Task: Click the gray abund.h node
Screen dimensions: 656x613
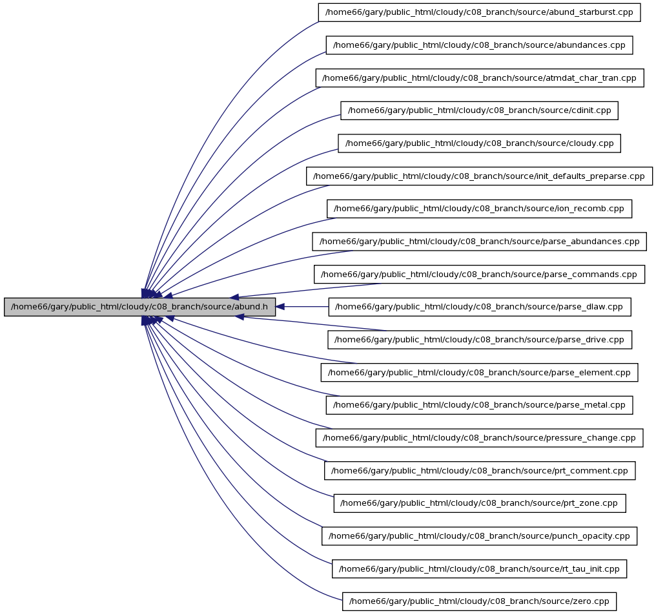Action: [139, 307]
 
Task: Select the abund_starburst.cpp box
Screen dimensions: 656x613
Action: [479, 12]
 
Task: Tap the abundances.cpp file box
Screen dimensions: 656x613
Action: [479, 45]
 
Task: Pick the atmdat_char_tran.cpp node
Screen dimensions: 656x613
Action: [480, 78]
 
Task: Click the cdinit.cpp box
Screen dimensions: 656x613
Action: [479, 110]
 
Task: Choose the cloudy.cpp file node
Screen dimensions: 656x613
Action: [479, 143]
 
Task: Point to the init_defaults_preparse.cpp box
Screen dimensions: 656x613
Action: [479, 176]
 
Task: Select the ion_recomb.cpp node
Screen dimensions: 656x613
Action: [479, 209]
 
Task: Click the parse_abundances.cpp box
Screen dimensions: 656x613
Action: [479, 242]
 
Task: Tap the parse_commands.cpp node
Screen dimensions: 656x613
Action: [479, 274]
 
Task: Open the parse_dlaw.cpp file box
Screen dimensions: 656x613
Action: [480, 307]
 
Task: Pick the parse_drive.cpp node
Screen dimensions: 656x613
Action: [480, 340]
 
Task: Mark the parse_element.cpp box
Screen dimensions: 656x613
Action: [479, 373]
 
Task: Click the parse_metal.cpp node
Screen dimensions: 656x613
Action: [479, 405]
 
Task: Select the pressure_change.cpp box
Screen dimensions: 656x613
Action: [479, 438]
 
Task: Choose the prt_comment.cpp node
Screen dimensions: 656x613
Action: [480, 471]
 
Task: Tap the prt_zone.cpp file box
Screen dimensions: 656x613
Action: [480, 503]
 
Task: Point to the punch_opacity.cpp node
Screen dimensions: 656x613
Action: [479, 536]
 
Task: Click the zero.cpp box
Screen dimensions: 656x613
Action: [479, 601]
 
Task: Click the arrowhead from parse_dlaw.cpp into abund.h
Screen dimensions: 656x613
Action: [280, 307]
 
